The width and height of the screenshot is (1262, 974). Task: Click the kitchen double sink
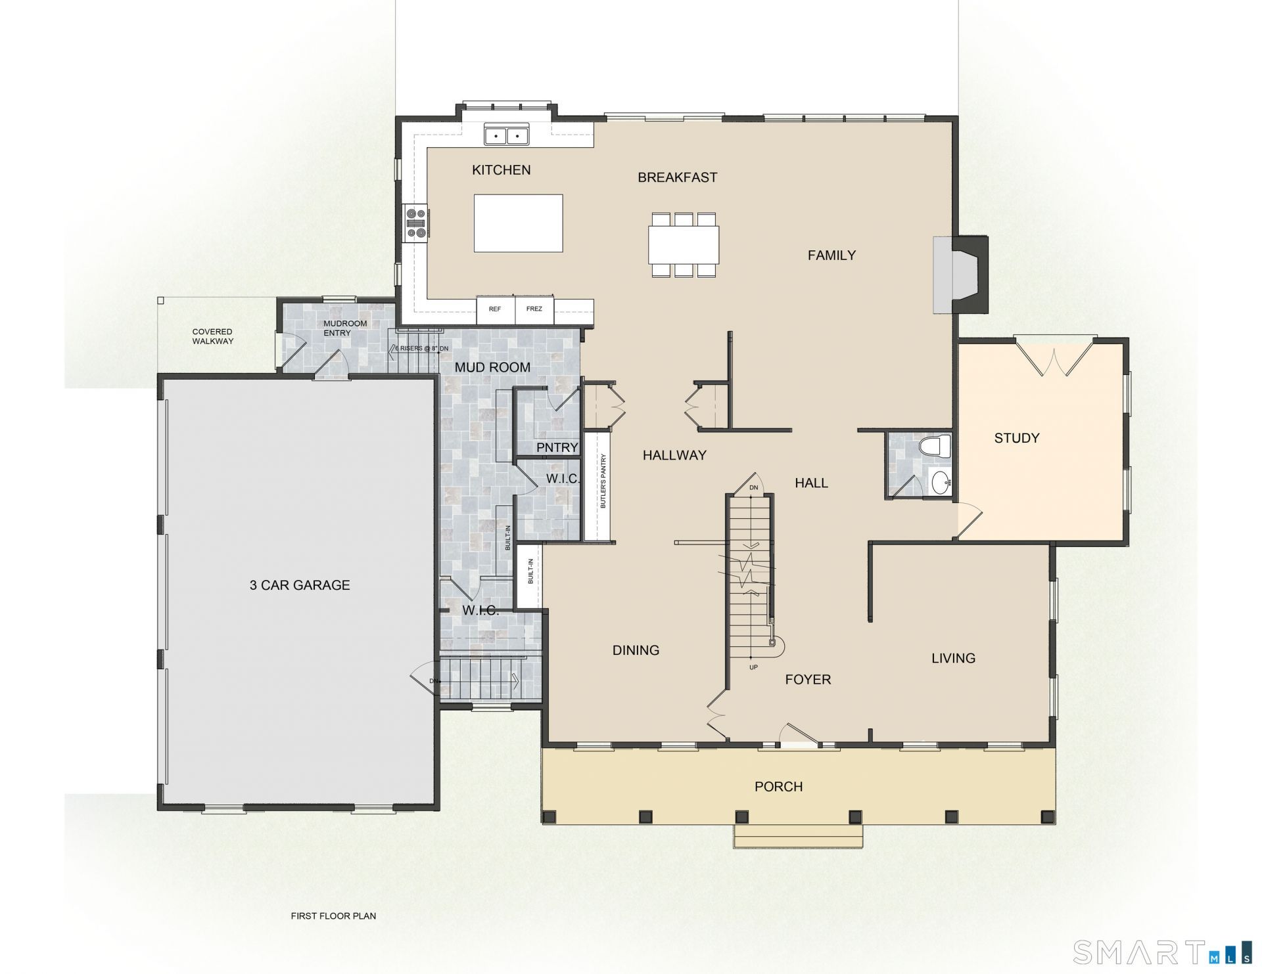pyautogui.click(x=506, y=135)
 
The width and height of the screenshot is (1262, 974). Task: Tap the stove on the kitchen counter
pyautogui.click(x=417, y=223)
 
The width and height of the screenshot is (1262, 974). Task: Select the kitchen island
pyautogui.click(x=519, y=223)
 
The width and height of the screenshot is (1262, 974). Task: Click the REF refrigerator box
pyautogui.click(x=496, y=309)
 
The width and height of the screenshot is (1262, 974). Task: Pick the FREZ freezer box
pyautogui.click(x=534, y=309)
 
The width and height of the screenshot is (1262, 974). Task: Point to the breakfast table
pyautogui.click(x=684, y=244)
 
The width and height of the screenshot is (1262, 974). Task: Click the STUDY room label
pyautogui.click(x=1017, y=438)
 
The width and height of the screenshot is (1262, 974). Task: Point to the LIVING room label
pyautogui.click(x=953, y=658)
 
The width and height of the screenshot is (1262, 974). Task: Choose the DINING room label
pyautogui.click(x=636, y=650)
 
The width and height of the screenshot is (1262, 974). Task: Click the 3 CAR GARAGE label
pyautogui.click(x=300, y=585)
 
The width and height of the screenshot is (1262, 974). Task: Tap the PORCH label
pyautogui.click(x=779, y=787)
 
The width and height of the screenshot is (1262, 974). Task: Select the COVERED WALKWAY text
pyautogui.click(x=212, y=336)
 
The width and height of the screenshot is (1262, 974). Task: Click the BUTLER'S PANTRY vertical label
pyautogui.click(x=603, y=481)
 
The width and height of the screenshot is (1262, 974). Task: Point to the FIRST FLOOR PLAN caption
pyautogui.click(x=333, y=916)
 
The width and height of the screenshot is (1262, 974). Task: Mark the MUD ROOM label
pyautogui.click(x=492, y=368)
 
